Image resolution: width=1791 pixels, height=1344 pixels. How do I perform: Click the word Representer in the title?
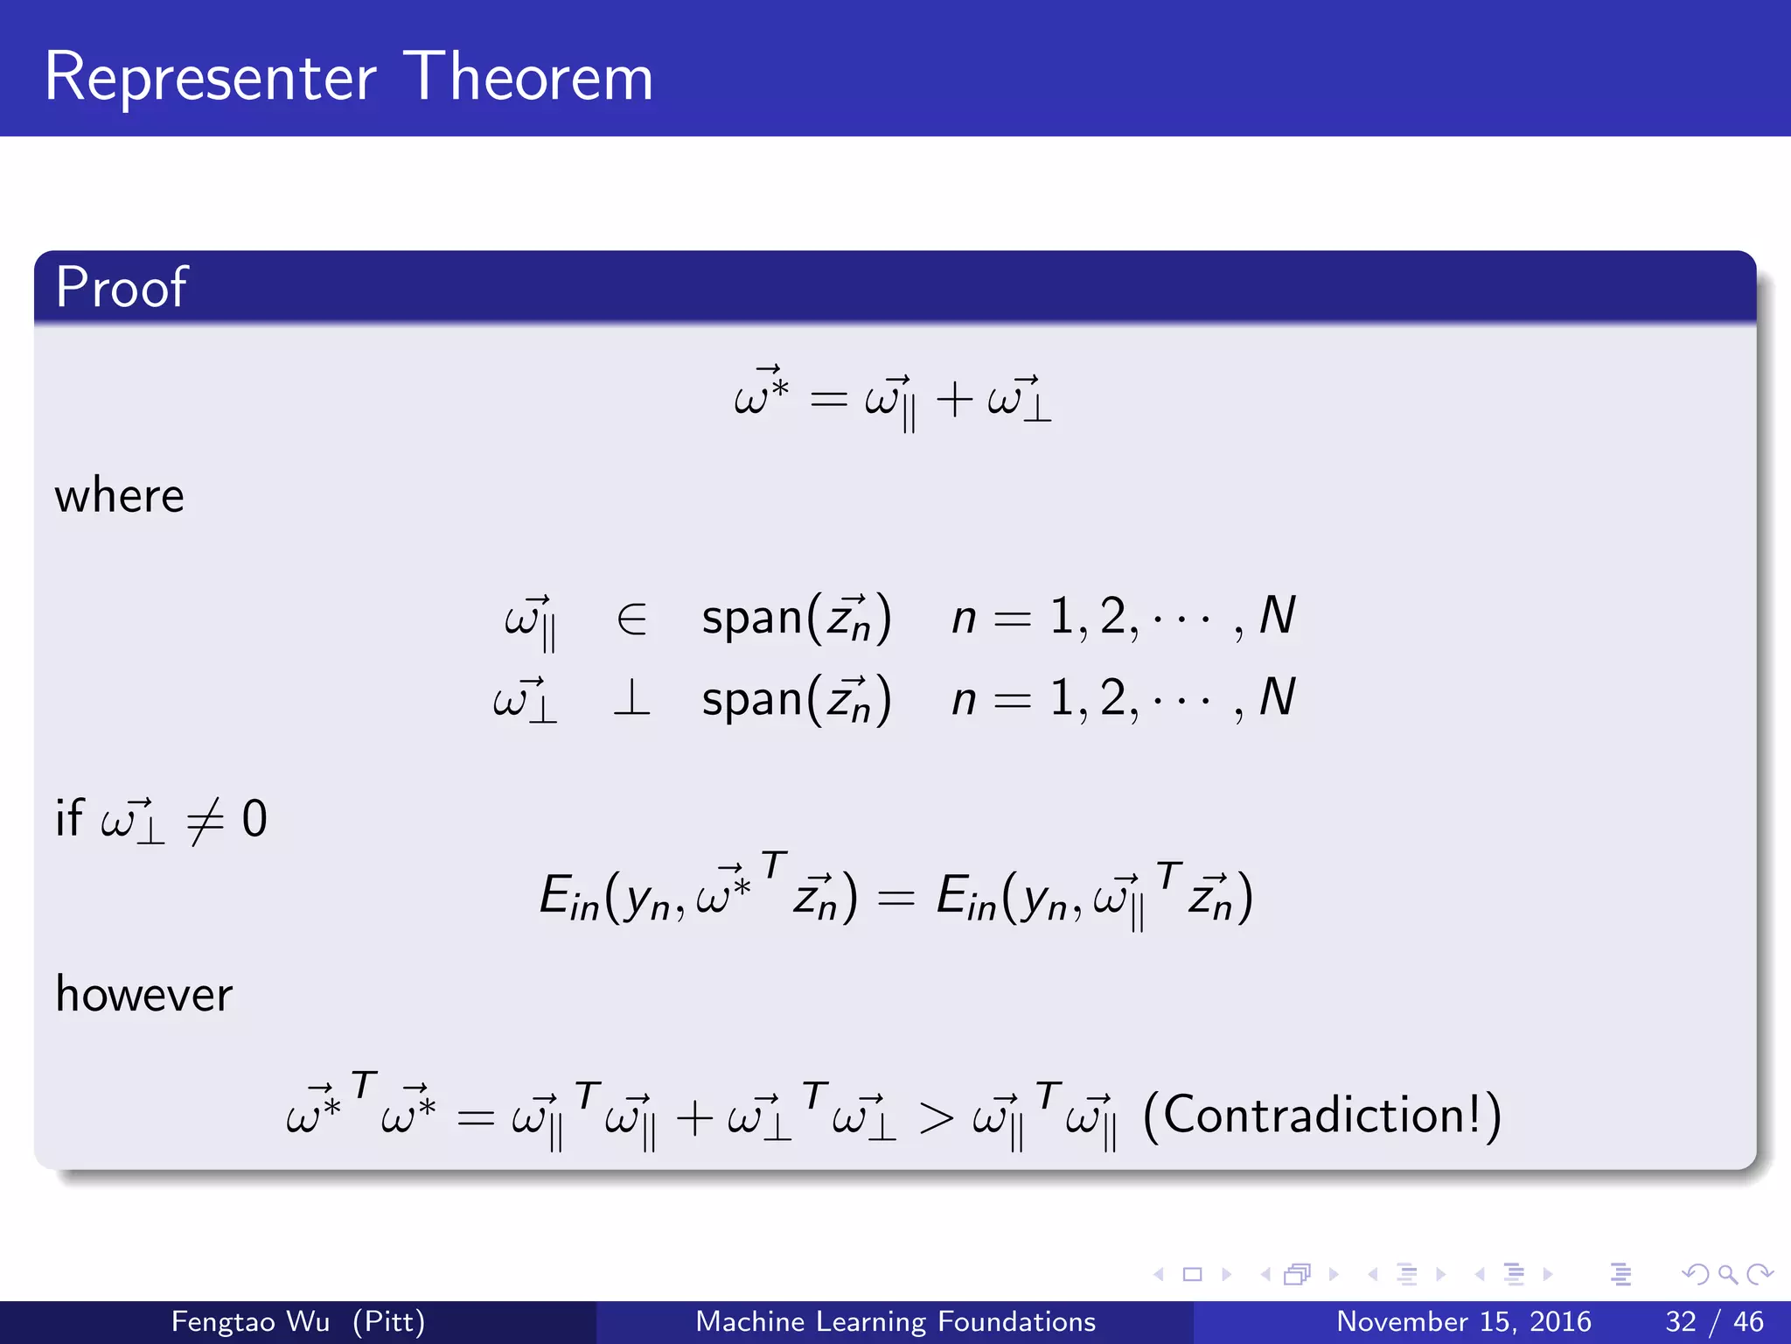point(210,79)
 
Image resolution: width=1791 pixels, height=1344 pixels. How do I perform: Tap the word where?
point(120,496)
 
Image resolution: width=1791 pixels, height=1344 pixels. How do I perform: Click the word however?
point(144,995)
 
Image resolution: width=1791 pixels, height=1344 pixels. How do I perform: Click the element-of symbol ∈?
point(631,619)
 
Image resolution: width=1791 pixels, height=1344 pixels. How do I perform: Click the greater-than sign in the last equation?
point(935,1118)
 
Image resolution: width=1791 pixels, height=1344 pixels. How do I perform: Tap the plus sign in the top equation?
point(954,400)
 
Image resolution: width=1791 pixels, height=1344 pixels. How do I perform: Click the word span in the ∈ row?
point(752,618)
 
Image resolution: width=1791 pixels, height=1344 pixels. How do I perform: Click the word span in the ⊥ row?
point(752,700)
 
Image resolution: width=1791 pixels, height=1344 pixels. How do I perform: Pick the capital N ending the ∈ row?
point(1277,616)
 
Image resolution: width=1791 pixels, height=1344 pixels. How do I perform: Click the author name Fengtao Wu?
point(250,1321)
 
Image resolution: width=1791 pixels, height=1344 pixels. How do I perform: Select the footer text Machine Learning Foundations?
point(895,1321)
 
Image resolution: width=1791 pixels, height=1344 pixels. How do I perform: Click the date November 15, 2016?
point(1463,1321)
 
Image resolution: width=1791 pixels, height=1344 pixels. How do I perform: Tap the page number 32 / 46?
point(1714,1321)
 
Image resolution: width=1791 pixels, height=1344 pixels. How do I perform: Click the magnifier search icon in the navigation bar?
point(1727,1274)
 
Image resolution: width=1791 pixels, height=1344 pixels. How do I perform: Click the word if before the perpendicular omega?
point(69,818)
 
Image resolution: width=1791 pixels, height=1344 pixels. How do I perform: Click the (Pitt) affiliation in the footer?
point(388,1321)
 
